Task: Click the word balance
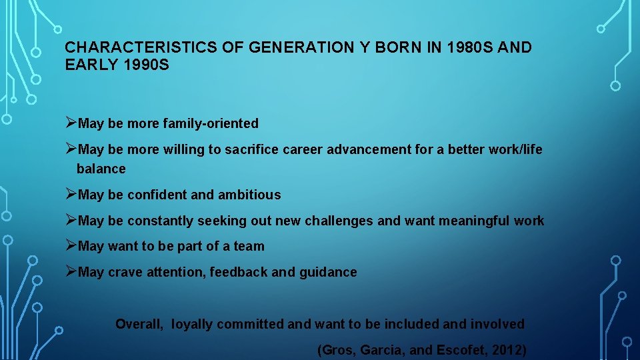pyautogui.click(x=101, y=169)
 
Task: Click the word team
pyautogui.click(x=249, y=246)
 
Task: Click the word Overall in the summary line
pyautogui.click(x=139, y=324)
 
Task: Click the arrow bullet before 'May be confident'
pyautogui.click(x=71, y=194)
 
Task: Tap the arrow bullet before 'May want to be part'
pyautogui.click(x=71, y=245)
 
